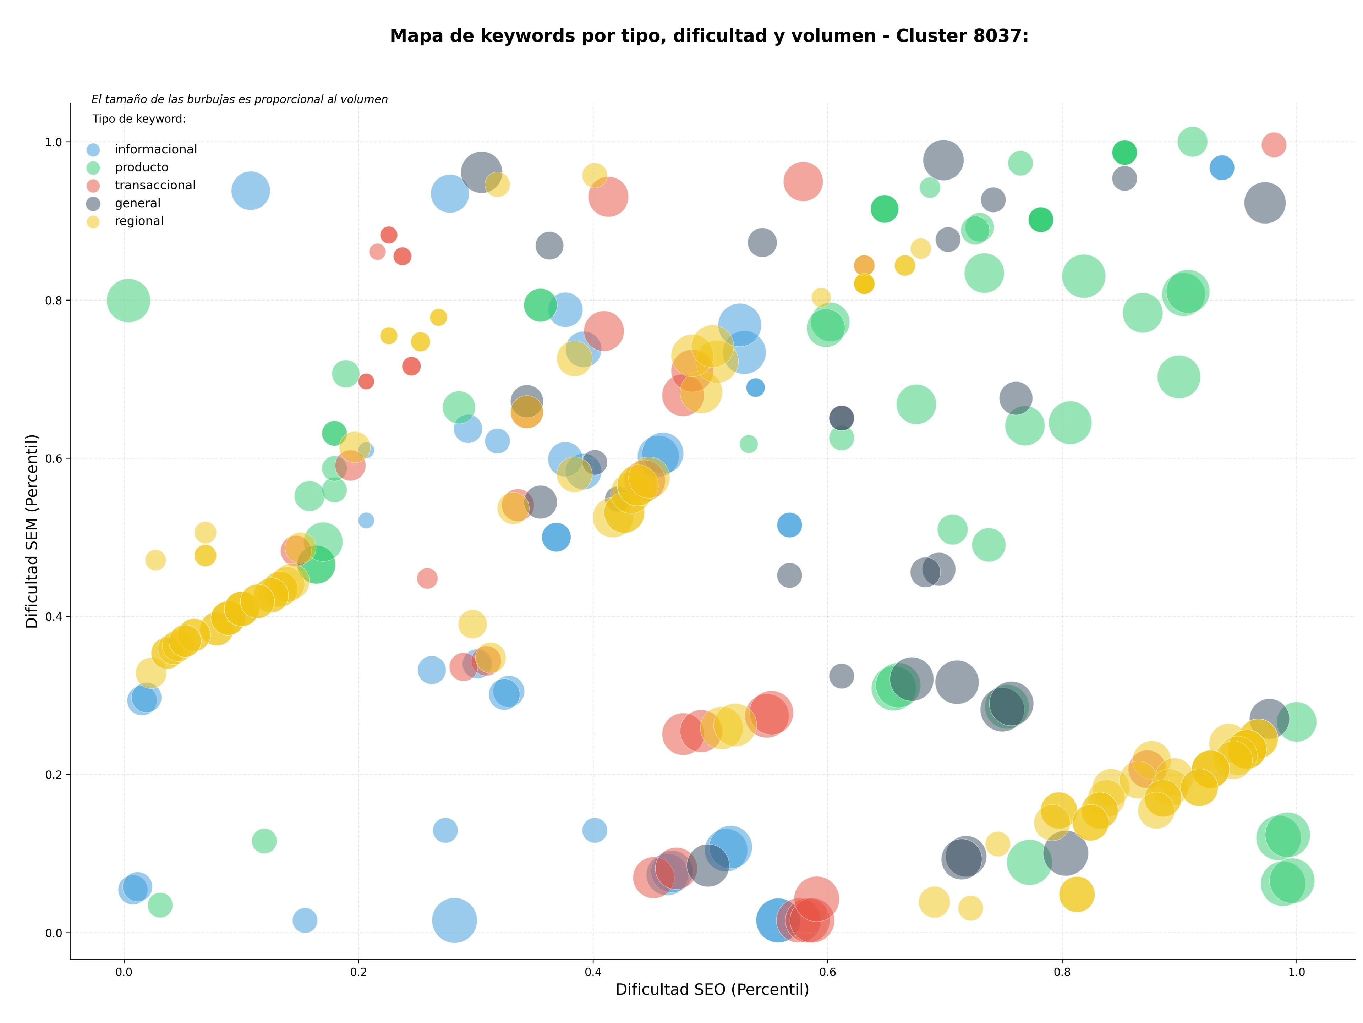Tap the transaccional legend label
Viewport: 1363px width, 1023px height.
point(155,185)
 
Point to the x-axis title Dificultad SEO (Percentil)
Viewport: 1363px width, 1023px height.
point(712,990)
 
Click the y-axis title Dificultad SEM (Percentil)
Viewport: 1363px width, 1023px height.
point(32,531)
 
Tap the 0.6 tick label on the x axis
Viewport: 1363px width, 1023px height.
point(827,973)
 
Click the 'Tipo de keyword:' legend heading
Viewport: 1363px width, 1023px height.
point(139,119)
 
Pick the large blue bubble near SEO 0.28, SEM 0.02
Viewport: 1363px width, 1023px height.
point(454,920)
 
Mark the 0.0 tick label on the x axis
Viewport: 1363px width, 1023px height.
point(124,973)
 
